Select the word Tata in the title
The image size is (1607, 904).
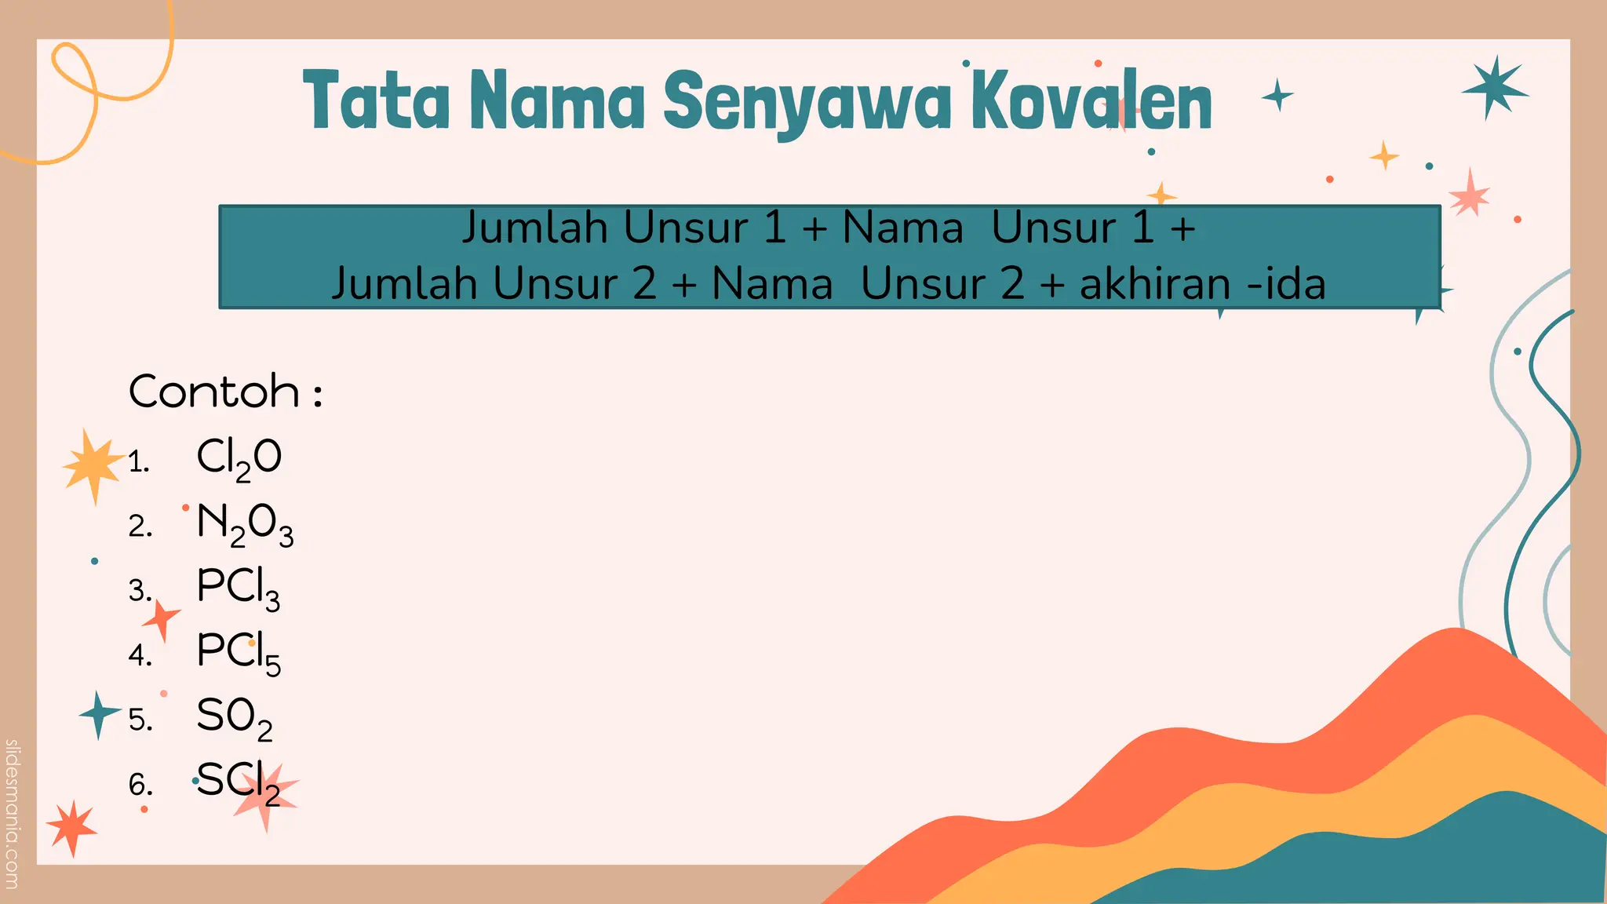coord(377,100)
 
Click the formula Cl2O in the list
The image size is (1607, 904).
coord(239,458)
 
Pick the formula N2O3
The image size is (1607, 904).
coord(245,523)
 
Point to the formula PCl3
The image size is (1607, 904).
coord(238,588)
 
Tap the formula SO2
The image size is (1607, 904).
coord(234,717)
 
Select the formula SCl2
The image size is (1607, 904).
coord(238,782)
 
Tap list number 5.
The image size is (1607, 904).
coord(140,720)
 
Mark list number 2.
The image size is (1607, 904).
coord(140,526)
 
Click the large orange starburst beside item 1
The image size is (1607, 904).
coord(93,465)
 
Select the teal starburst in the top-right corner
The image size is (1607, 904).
coord(1493,88)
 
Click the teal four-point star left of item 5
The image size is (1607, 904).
coord(98,714)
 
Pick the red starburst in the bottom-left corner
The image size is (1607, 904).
coord(71,827)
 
